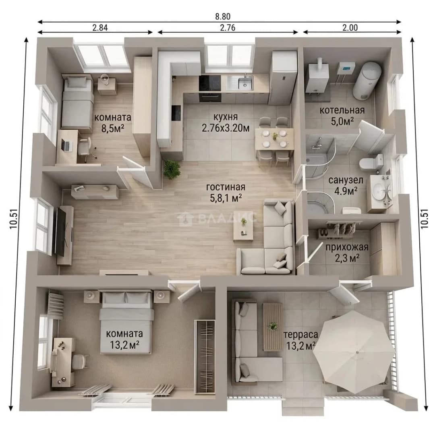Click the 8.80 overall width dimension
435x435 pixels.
tap(223, 17)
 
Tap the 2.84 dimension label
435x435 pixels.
tap(100, 28)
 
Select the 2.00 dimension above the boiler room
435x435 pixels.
tap(350, 28)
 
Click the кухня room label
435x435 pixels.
tap(226, 116)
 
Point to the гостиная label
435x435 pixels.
tap(226, 187)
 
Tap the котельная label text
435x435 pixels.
tap(342, 110)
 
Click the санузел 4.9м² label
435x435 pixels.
tap(346, 185)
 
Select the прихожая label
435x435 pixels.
tap(347, 247)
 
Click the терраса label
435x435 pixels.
tap(301, 335)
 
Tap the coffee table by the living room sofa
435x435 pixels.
tap(243, 225)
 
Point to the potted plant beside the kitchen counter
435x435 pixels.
tap(172, 169)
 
